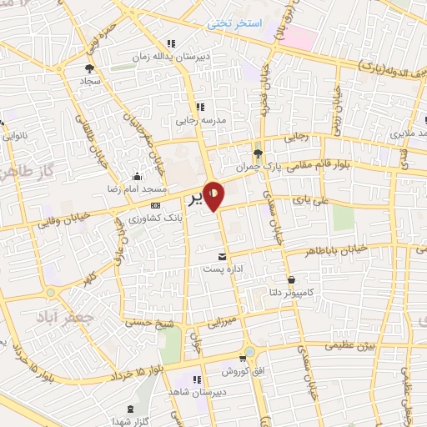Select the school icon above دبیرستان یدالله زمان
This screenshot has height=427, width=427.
point(171,43)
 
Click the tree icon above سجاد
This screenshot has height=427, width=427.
point(89,69)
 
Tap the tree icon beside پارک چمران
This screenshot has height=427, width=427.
point(258,153)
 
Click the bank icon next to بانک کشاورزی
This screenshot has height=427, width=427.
point(154,204)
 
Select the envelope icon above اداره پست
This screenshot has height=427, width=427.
point(222,257)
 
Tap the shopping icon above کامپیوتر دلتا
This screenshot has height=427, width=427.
point(291,279)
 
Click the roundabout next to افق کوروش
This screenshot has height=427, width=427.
point(249,353)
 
